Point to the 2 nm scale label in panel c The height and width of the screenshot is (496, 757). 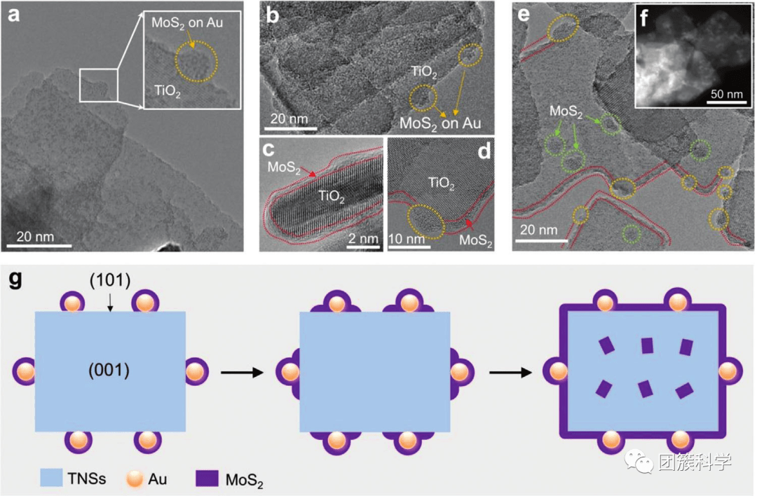(x=363, y=239)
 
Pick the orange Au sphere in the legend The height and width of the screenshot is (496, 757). (x=135, y=478)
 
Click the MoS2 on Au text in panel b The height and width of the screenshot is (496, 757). (x=440, y=122)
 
